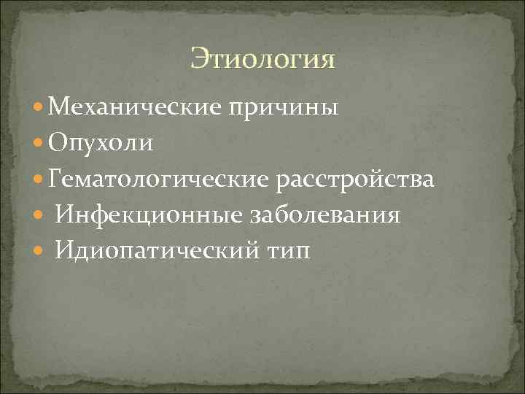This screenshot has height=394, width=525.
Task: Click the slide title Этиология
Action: (263, 59)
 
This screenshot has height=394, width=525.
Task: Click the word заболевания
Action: (325, 215)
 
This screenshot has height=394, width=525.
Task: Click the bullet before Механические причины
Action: (39, 109)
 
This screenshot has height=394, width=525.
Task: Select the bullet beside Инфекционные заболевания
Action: (39, 216)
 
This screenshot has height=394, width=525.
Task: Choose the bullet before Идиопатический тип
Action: (39, 252)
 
